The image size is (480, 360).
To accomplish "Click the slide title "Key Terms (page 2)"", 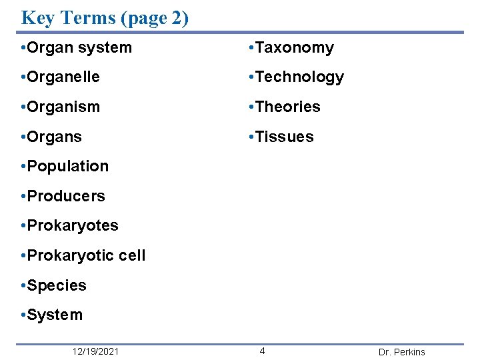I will click(105, 17).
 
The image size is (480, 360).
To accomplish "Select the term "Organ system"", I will click(79, 48).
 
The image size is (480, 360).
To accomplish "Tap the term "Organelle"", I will click(63, 77).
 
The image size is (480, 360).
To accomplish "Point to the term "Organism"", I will click(63, 107).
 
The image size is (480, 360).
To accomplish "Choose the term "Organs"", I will click(55, 137).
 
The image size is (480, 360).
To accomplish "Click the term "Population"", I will click(67, 166).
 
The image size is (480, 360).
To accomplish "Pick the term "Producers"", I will click(66, 196).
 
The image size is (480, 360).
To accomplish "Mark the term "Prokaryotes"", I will click(73, 225).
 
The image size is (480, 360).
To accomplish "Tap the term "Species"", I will click(57, 285).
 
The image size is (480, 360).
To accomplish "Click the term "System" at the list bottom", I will click(55, 315).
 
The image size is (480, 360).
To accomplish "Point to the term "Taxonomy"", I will click(294, 48).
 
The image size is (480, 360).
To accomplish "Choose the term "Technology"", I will click(299, 77).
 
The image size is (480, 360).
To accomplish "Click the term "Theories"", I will click(287, 107).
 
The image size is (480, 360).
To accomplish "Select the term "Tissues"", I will click(284, 137).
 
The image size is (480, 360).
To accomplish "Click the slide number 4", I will click(263, 351).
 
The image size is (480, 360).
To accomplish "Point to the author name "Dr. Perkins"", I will click(401, 352).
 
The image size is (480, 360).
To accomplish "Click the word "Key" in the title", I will click(37, 17).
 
